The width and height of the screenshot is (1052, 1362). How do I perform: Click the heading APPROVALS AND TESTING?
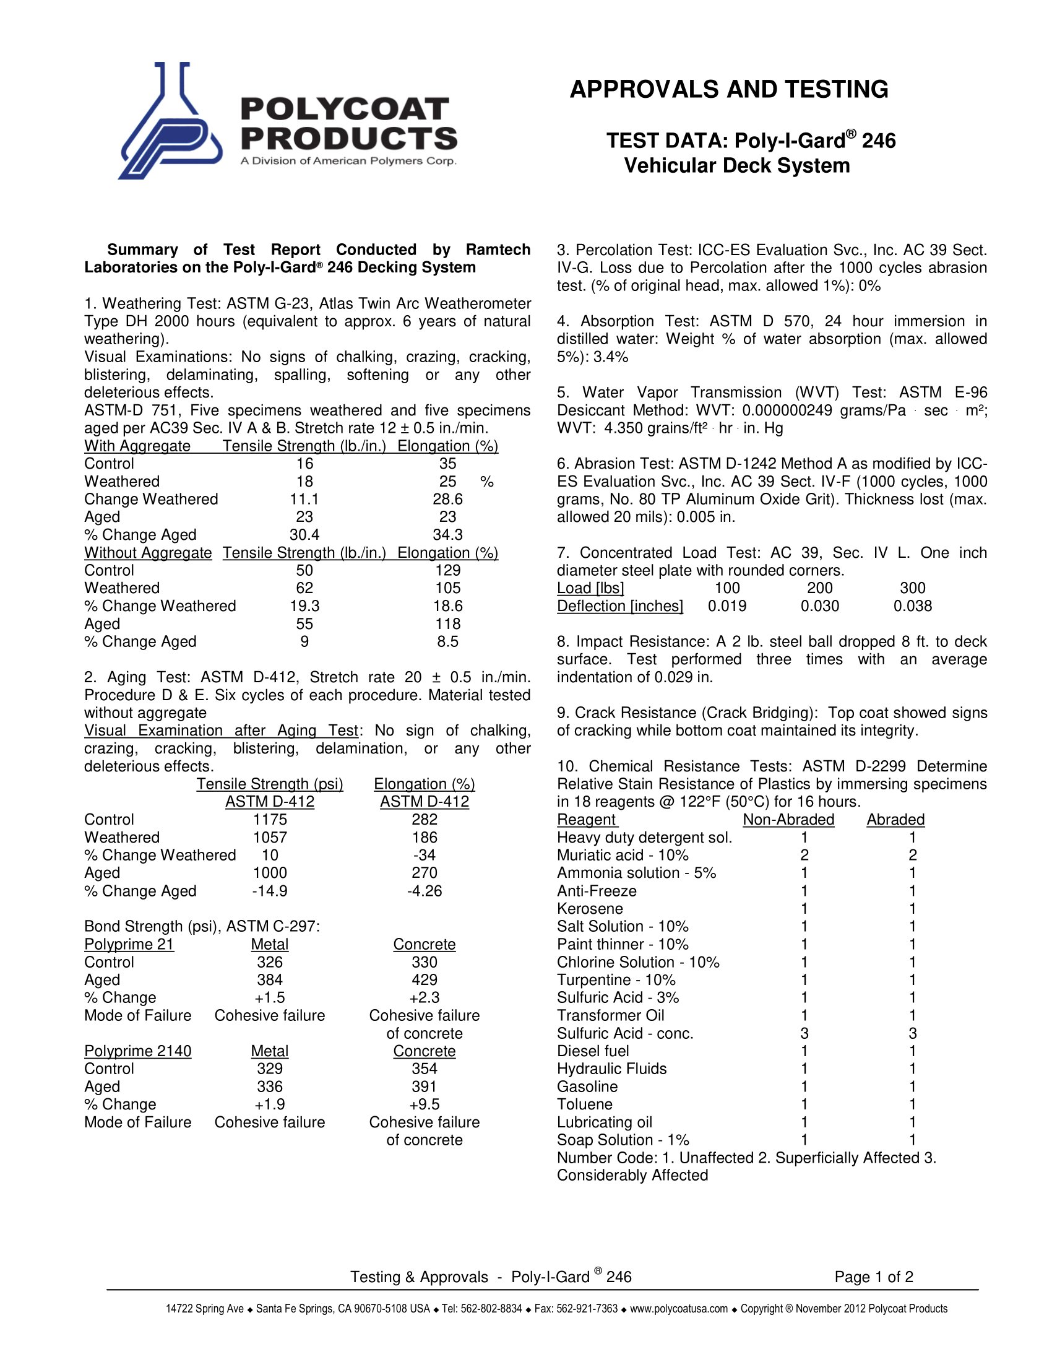point(728,90)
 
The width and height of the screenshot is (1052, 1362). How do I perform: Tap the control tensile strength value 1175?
point(269,820)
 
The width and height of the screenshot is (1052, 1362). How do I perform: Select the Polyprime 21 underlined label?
point(129,944)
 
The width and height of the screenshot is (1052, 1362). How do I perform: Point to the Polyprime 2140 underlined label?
point(138,1051)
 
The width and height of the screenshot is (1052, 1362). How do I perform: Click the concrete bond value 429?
point(424,980)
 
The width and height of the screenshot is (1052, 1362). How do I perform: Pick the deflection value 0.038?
point(912,606)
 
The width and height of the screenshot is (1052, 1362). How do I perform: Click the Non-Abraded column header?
point(788,820)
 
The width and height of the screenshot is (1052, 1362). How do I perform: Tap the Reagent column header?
point(586,820)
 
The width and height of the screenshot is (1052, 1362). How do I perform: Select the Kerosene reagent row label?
point(590,909)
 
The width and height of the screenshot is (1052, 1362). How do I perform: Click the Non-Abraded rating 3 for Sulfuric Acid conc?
point(804,1033)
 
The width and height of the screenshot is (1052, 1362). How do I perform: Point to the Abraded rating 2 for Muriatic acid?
point(912,855)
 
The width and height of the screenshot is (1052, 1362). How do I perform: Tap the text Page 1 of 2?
point(874,1277)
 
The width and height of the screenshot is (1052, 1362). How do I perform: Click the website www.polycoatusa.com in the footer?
point(679,1308)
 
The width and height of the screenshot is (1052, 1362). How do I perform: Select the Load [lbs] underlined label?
point(590,588)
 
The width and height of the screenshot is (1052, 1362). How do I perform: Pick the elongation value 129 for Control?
point(447,570)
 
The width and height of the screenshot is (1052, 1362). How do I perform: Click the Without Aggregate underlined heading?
point(148,552)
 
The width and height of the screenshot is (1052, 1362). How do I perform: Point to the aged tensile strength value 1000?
point(269,873)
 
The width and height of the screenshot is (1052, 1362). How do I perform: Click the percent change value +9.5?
point(424,1104)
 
